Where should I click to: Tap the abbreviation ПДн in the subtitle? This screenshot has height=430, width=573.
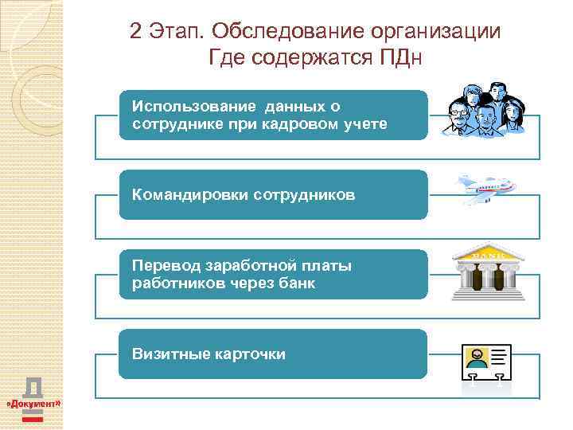(403, 57)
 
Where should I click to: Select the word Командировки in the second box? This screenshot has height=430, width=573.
(189, 194)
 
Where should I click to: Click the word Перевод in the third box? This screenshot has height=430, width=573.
(164, 266)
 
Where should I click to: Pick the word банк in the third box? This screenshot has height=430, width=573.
(297, 283)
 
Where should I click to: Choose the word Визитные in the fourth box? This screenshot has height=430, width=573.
(165, 354)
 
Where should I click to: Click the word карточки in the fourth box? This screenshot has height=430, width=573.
(250, 354)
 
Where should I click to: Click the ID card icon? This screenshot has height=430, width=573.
(486, 362)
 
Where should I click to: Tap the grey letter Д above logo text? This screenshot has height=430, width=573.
(33, 387)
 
